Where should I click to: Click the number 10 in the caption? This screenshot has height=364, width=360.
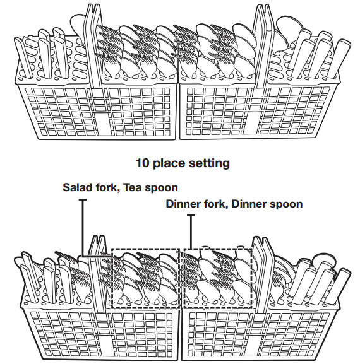(142, 163)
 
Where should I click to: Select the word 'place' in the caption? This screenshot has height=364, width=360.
(169, 163)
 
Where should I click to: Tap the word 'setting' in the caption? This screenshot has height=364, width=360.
(209, 163)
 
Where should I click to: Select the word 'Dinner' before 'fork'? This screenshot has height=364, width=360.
(184, 204)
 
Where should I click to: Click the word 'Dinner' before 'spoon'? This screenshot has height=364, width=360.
(249, 204)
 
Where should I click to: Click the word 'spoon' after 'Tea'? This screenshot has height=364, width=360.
(161, 189)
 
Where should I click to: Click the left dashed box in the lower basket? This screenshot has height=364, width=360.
(112, 279)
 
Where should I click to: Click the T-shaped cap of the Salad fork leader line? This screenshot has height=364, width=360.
(82, 199)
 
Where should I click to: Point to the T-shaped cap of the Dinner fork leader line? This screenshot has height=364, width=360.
(191, 215)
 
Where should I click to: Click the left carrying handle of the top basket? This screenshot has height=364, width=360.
(93, 47)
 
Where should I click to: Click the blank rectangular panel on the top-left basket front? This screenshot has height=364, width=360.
(104, 124)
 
